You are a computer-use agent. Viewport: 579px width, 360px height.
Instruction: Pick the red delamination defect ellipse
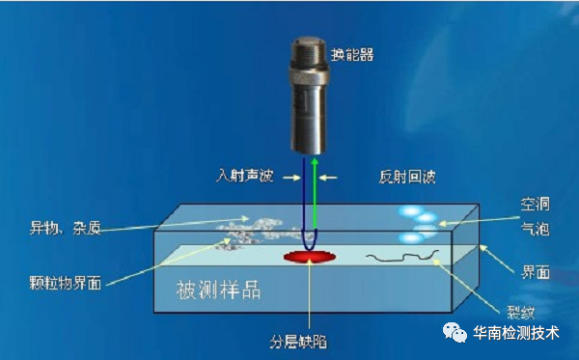(310, 257)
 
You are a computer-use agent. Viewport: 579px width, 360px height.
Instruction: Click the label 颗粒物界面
(66, 284)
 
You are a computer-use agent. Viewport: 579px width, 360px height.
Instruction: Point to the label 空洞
(536, 206)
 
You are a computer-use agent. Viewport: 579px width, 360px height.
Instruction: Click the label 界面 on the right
(537, 273)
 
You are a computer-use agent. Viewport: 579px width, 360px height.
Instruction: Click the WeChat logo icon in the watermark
(455, 333)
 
